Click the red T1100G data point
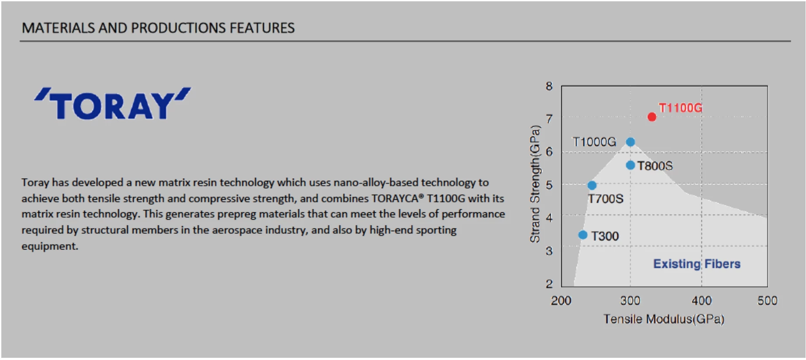pyautogui.click(x=652, y=117)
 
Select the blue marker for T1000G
pyautogui.click(x=630, y=142)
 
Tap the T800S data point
pyautogui.click(x=630, y=165)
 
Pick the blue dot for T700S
pyautogui.click(x=592, y=185)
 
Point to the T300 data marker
pyautogui.click(x=583, y=235)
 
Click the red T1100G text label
pyautogui.click(x=681, y=108)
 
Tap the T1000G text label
pyautogui.click(x=594, y=142)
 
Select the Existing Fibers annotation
pyautogui.click(x=697, y=264)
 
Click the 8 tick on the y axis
pyautogui.click(x=549, y=86)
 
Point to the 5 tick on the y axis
pyautogui.click(x=549, y=185)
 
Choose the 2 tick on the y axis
pyautogui.click(x=549, y=284)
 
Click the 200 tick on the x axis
pyautogui.click(x=561, y=301)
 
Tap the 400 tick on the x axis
pyautogui.click(x=702, y=301)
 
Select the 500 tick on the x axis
pyautogui.click(x=768, y=301)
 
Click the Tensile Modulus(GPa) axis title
pyautogui.click(x=664, y=319)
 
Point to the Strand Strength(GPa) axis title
pyautogui.click(x=535, y=184)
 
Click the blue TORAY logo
pyautogui.click(x=113, y=104)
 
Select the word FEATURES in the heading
pyautogui.click(x=262, y=28)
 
